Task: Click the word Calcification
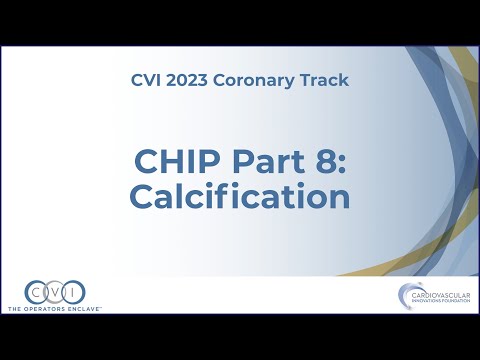240,197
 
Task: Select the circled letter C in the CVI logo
35,292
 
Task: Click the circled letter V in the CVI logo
54,292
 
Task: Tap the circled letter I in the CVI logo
73,292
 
